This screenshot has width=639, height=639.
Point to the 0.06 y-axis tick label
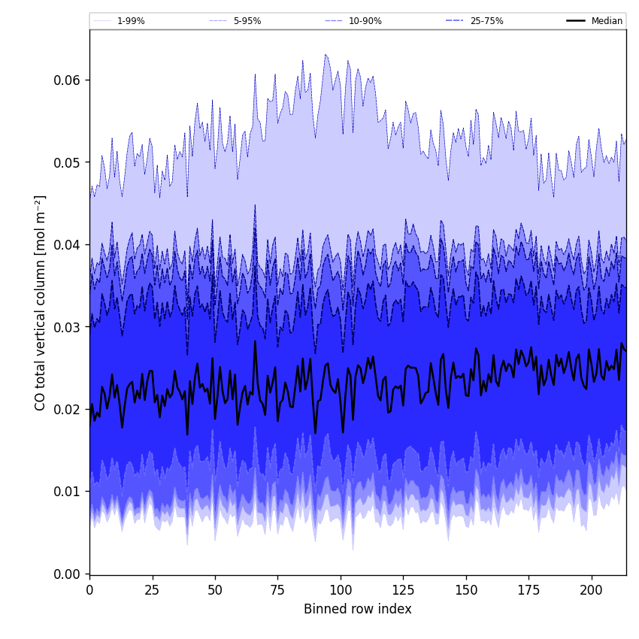pyautogui.click(x=67, y=80)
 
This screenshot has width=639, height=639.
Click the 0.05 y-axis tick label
pyautogui.click(x=67, y=162)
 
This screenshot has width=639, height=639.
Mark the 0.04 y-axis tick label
pyautogui.click(x=67, y=245)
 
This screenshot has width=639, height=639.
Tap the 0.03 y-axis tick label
pyautogui.click(x=67, y=327)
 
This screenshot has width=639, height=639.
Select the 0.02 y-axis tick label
pyautogui.click(x=67, y=409)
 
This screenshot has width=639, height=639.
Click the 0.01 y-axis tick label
pyautogui.click(x=67, y=492)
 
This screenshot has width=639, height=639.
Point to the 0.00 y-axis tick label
pyautogui.click(x=67, y=574)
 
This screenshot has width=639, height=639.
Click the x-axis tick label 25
pyautogui.click(x=153, y=590)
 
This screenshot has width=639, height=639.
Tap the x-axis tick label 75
pyautogui.click(x=277, y=590)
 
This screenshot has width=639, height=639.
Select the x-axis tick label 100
pyautogui.click(x=341, y=590)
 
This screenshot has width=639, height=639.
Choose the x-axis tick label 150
pyautogui.click(x=466, y=590)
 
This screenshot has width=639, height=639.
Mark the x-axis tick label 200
pyautogui.click(x=592, y=590)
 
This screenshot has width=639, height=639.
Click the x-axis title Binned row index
pyautogui.click(x=358, y=610)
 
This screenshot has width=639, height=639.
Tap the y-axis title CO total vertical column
pyautogui.click(x=41, y=302)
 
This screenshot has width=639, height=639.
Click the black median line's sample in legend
pyautogui.click(x=577, y=21)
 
